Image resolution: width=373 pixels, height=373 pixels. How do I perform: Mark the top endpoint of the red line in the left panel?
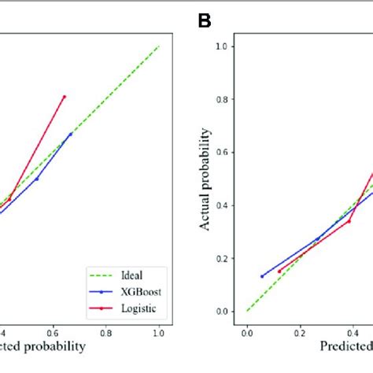coord(65,96)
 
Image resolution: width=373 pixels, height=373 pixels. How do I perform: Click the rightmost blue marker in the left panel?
coord(70,134)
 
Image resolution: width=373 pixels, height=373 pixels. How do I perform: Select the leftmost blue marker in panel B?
coord(262,276)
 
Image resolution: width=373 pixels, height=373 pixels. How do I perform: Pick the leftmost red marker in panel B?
coord(279,271)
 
